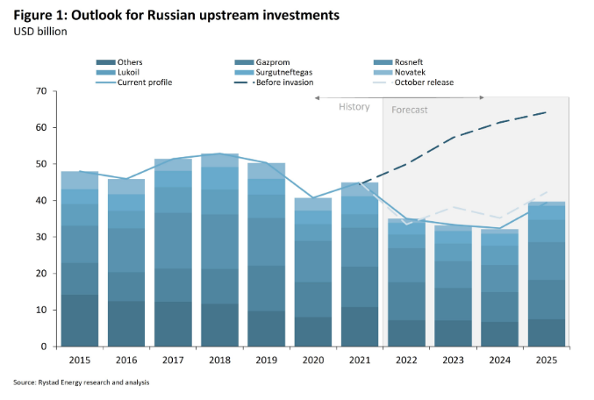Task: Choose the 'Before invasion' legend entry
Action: [x=280, y=82]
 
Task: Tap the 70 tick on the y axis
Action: [x=40, y=91]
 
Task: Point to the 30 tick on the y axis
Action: [x=40, y=237]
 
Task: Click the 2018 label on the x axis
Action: [x=220, y=359]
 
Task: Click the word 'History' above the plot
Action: [x=354, y=106]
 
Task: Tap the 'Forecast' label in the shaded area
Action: [x=410, y=110]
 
